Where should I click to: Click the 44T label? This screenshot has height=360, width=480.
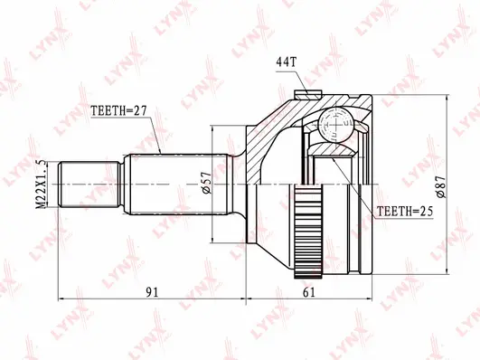tap(285, 62)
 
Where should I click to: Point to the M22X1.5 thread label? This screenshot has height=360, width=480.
tap(39, 185)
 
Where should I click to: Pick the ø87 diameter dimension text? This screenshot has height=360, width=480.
tap(442, 186)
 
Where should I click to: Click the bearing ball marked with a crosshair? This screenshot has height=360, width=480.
tap(344, 121)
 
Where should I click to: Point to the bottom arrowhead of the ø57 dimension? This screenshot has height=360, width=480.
tap(214, 240)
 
